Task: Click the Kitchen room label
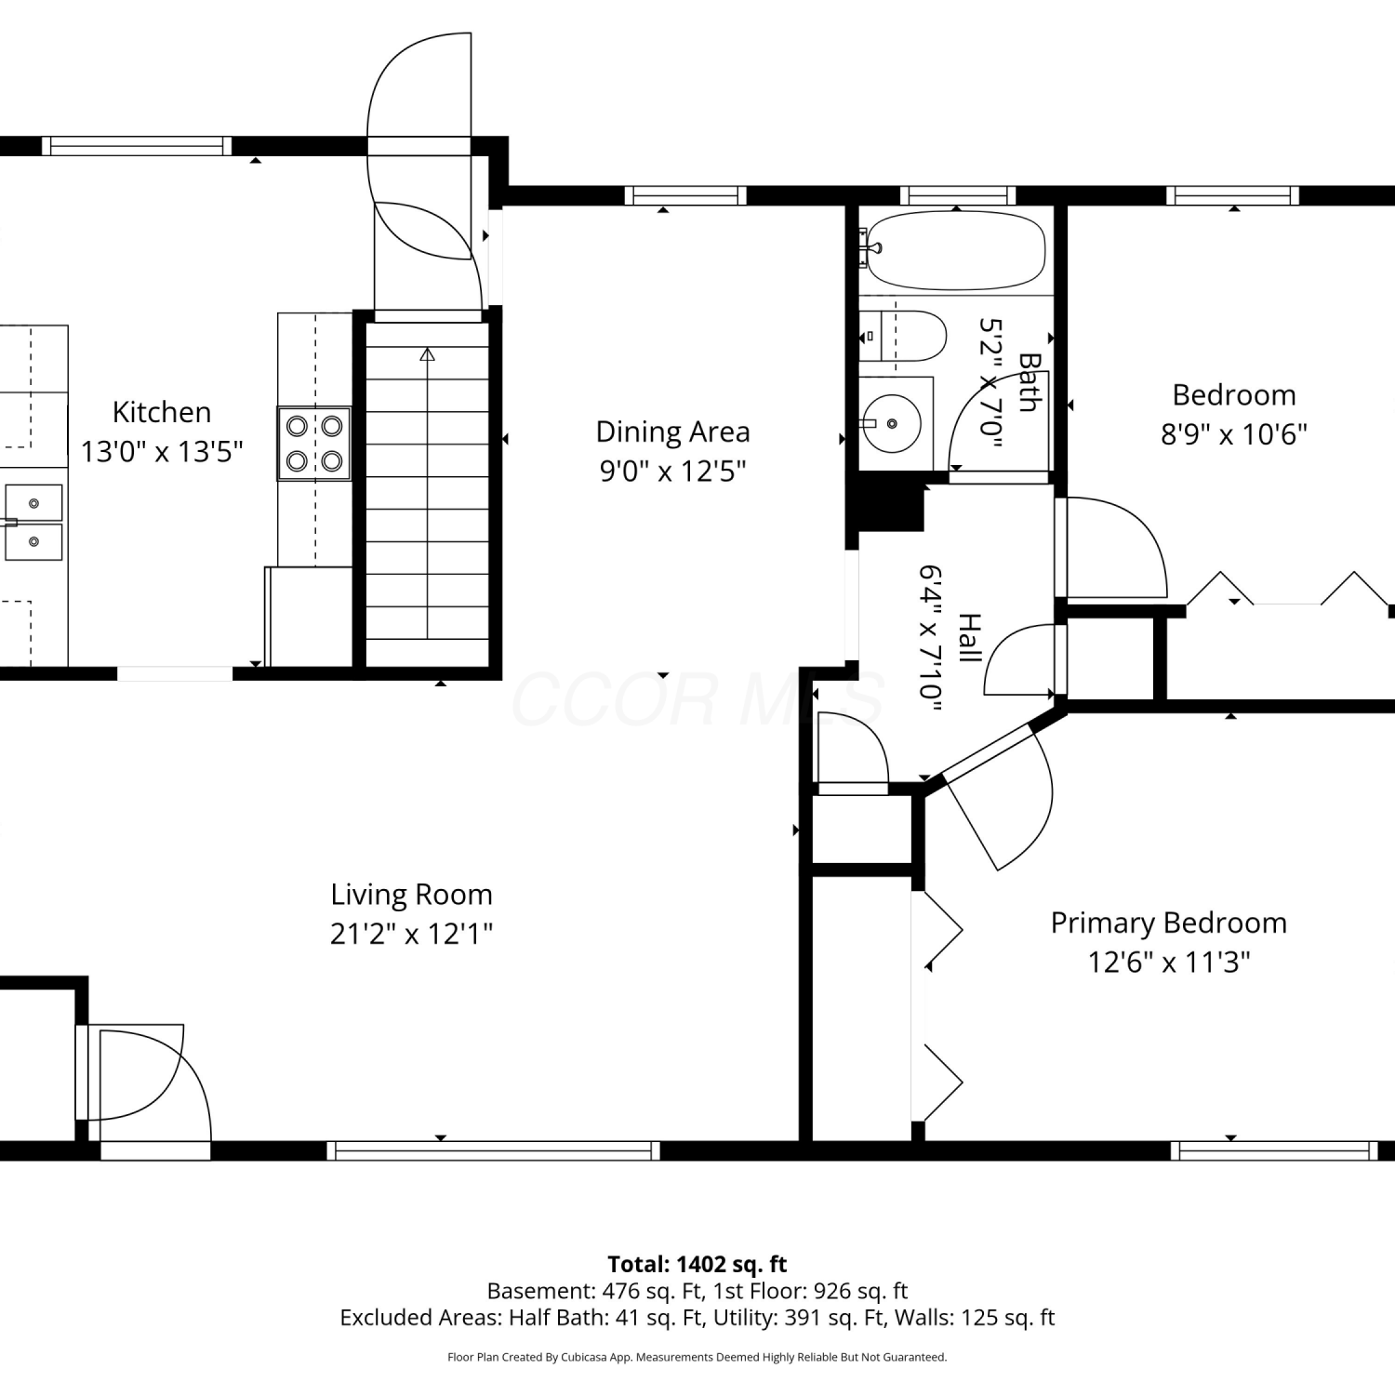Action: (x=162, y=412)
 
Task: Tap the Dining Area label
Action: (x=672, y=432)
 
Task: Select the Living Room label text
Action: (x=411, y=895)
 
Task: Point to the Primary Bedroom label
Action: (x=1169, y=923)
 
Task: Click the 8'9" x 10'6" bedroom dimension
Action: (x=1234, y=434)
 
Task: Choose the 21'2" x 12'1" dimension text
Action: (x=411, y=933)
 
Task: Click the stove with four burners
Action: (x=314, y=444)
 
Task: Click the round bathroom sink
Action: (x=891, y=423)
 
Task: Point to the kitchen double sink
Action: (x=33, y=522)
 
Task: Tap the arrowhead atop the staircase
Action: (x=427, y=354)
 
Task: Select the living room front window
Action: (x=493, y=1150)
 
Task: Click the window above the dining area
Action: (x=685, y=195)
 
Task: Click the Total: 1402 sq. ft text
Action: (x=697, y=1265)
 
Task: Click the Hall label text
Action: (x=969, y=638)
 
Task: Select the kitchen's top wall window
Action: (x=137, y=145)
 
